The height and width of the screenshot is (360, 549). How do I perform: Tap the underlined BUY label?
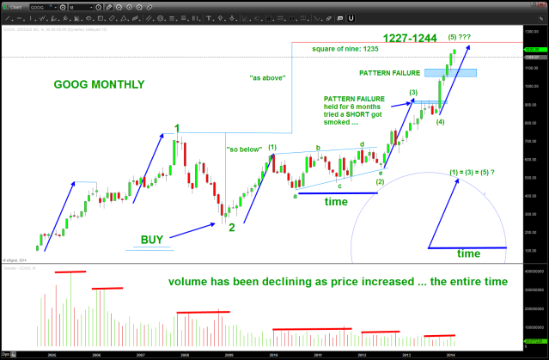coord(151,239)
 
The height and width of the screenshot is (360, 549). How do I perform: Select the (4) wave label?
coord(440,124)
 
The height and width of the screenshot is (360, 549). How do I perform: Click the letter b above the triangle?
coord(318,148)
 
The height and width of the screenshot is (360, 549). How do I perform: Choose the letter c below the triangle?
coord(340,186)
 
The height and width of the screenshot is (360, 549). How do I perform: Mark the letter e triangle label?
coord(381,174)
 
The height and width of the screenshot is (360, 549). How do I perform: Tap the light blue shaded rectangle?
coord(462,72)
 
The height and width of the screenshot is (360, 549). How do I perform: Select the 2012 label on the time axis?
coord(363,353)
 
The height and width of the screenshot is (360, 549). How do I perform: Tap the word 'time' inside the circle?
coord(468,253)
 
